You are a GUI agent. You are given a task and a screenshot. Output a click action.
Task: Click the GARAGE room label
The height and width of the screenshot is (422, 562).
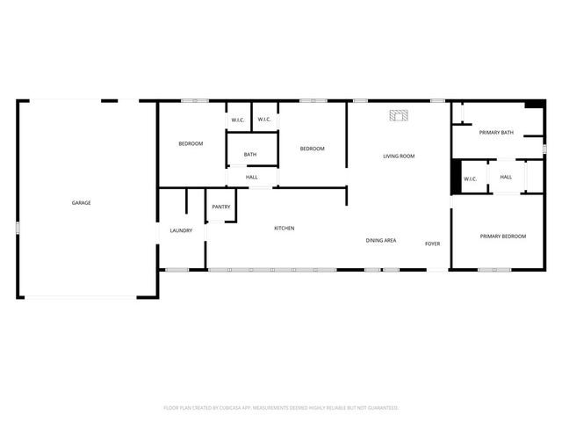point(82,203)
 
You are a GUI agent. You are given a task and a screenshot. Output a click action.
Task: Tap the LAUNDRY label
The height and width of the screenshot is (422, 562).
point(181,230)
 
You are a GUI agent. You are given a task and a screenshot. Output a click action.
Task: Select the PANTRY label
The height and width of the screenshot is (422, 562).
point(220,207)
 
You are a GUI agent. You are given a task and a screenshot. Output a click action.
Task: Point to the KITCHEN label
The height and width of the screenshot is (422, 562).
point(284,229)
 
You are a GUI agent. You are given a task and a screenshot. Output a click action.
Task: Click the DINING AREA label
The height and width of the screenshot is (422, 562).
point(381,240)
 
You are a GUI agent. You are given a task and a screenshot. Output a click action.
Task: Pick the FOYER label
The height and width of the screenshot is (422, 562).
point(432,244)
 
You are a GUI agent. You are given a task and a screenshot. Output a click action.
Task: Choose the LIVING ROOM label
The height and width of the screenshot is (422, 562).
point(399,156)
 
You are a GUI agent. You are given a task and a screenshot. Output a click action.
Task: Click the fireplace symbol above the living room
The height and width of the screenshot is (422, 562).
point(400,114)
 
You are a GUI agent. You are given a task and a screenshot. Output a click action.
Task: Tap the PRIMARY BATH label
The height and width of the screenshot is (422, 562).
point(496,133)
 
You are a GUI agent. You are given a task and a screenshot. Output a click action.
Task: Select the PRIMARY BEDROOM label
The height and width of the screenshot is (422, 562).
point(503,236)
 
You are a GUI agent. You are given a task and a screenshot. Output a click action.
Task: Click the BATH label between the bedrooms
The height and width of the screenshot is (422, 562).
point(250,156)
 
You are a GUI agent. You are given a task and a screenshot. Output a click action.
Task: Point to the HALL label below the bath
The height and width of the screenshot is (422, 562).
point(252,178)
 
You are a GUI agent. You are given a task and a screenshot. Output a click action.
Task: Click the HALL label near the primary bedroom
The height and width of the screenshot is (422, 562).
point(506,178)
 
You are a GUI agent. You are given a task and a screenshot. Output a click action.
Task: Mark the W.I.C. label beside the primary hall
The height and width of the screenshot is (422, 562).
point(470,179)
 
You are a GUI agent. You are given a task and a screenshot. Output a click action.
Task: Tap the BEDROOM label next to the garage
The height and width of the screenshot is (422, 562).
point(191,143)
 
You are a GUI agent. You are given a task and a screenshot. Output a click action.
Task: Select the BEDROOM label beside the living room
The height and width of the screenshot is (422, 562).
point(312,149)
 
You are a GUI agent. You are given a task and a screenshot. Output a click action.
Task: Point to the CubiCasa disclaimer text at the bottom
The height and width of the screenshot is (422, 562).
point(281,408)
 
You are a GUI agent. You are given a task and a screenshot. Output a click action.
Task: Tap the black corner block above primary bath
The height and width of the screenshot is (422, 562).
point(533,105)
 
